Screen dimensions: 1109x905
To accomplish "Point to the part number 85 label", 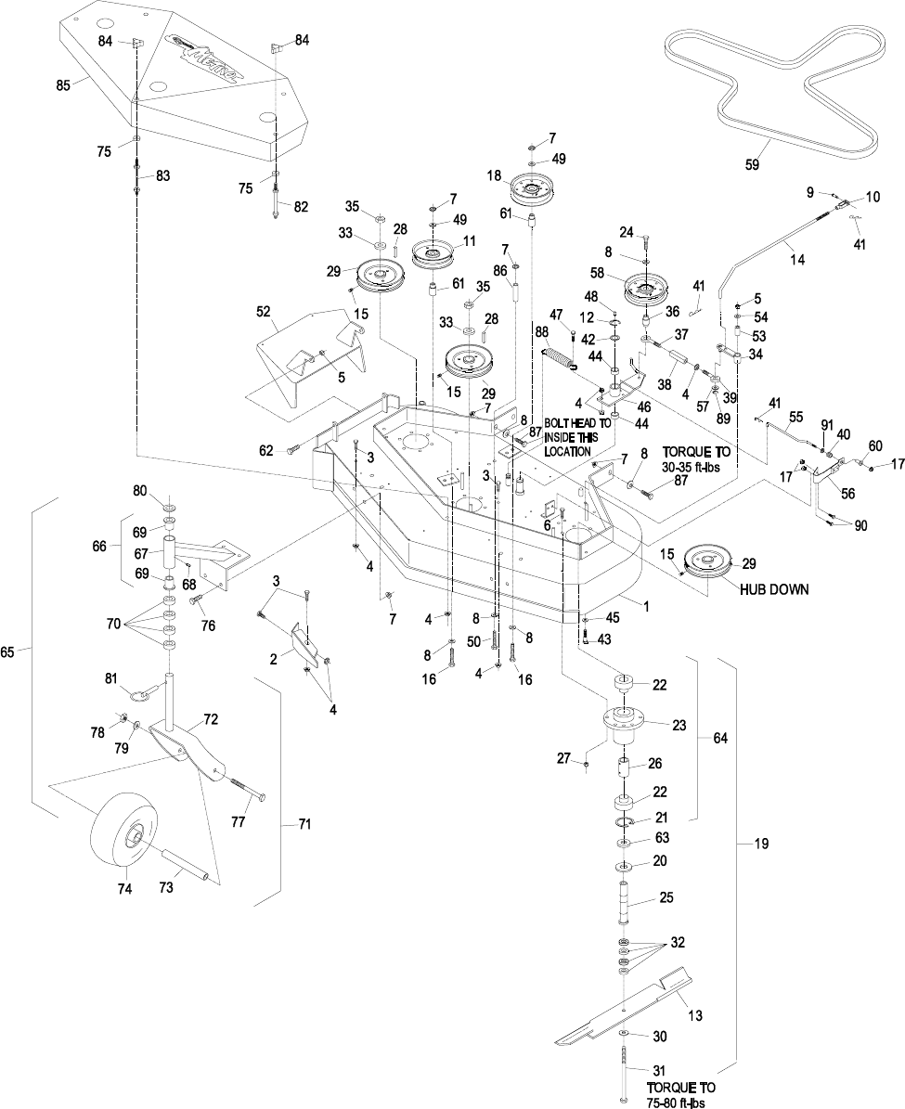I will click(x=63, y=84).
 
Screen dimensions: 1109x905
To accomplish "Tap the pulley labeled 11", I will click(x=436, y=252).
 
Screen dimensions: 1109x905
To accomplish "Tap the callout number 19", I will click(x=761, y=844).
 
